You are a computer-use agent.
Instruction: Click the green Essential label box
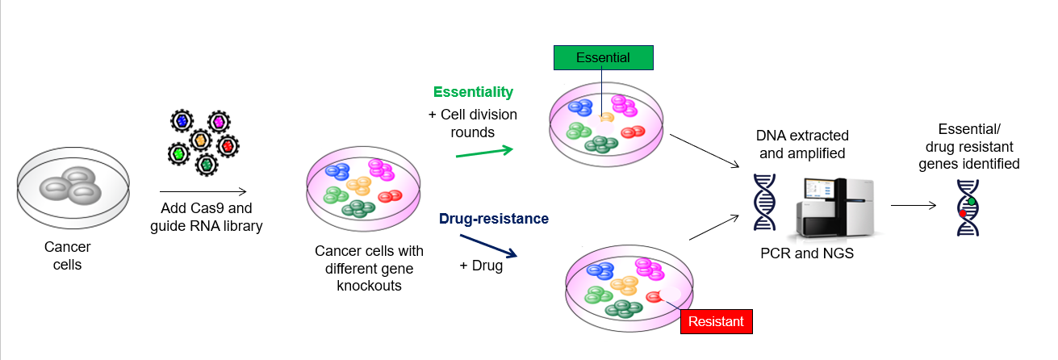click(x=603, y=58)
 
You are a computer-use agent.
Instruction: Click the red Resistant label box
click(x=716, y=321)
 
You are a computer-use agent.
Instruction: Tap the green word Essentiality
click(x=473, y=92)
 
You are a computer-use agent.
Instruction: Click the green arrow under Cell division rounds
click(x=484, y=151)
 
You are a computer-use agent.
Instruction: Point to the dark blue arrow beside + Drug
click(x=487, y=246)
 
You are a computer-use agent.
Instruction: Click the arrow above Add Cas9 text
click(x=208, y=192)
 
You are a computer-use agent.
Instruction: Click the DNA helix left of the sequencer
click(x=763, y=203)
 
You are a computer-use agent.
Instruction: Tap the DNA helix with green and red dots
click(x=968, y=207)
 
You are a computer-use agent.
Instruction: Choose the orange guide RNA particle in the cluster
click(x=202, y=140)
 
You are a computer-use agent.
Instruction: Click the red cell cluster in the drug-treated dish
click(x=654, y=296)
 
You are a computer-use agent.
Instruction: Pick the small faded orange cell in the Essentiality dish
click(x=606, y=118)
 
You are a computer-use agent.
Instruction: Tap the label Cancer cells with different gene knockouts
click(x=369, y=268)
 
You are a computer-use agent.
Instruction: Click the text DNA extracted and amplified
click(x=802, y=144)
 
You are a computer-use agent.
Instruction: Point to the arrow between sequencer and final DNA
click(x=914, y=205)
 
